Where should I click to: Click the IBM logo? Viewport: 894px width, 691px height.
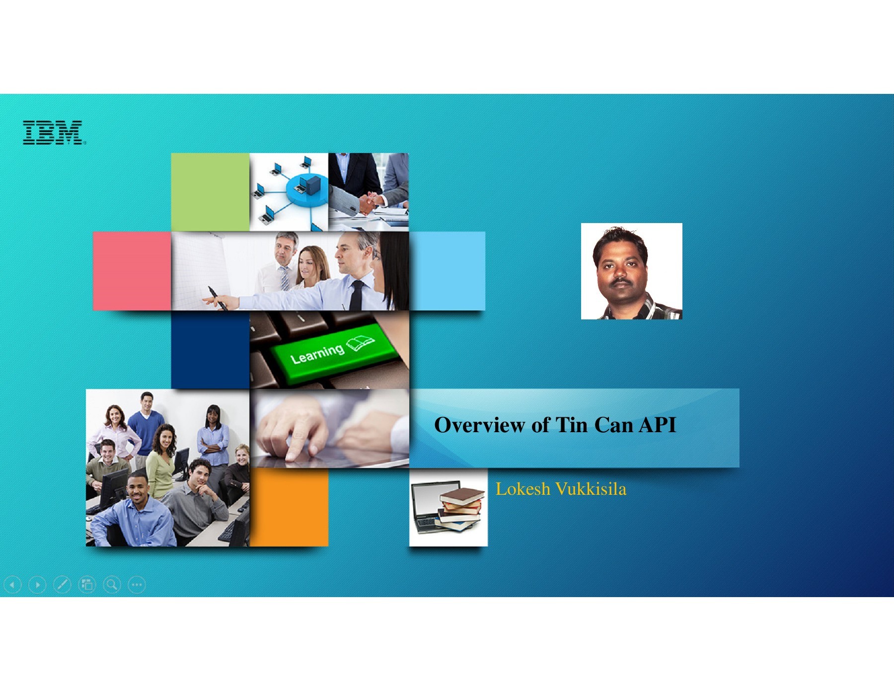[x=53, y=133]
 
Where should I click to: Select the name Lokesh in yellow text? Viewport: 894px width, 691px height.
[x=522, y=489]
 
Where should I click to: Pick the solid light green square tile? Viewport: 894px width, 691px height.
[x=210, y=192]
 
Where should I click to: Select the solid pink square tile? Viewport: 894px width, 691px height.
[x=132, y=271]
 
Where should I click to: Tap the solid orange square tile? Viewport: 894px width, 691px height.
[x=289, y=507]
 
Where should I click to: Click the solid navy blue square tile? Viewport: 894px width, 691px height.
[x=210, y=350]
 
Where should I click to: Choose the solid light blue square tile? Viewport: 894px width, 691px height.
[x=447, y=271]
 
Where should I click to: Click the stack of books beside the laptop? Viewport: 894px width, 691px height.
[x=461, y=508]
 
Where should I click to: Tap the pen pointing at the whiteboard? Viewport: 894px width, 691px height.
[x=218, y=298]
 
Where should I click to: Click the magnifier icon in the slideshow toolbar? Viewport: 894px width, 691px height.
[x=112, y=585]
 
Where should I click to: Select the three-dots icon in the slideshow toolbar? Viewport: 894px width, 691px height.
[x=137, y=585]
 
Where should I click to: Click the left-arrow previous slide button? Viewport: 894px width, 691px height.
[x=12, y=585]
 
